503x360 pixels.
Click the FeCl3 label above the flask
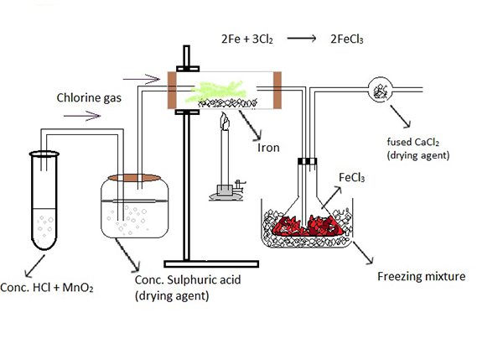tap(349, 177)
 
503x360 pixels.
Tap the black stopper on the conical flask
tap(308, 161)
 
